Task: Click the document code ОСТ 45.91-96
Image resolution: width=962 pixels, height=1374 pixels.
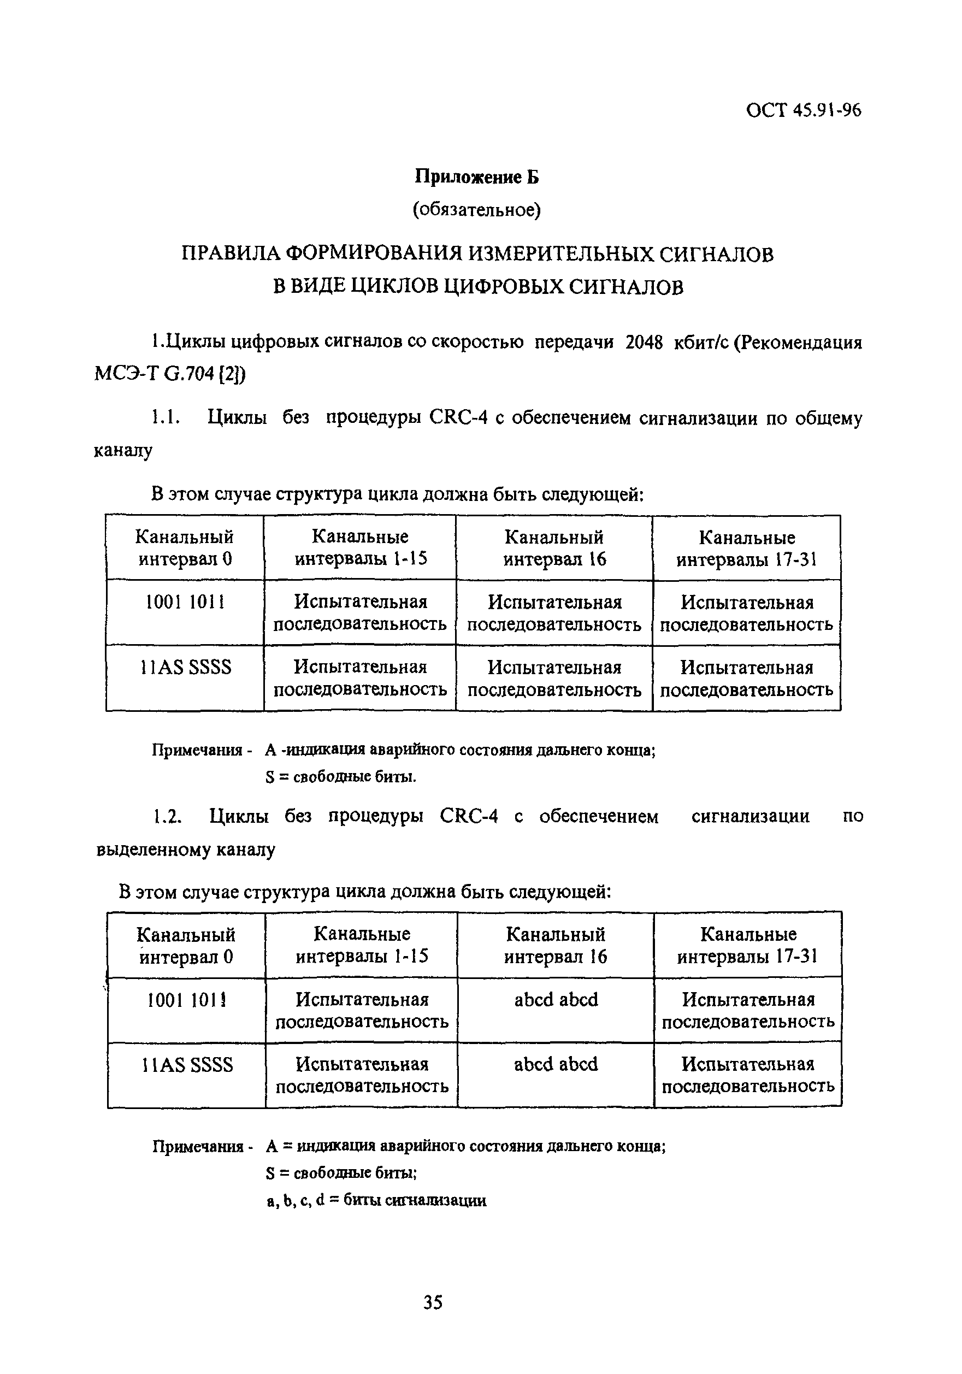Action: tap(803, 111)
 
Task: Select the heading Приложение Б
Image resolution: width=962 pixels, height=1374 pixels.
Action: tap(477, 177)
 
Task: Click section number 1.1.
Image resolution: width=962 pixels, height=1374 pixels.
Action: tap(164, 418)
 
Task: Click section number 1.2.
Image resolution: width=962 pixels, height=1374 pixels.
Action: tap(166, 816)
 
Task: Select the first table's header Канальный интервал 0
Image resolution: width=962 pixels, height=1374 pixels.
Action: tap(184, 547)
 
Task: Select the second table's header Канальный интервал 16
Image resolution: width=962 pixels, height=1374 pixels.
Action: tap(555, 945)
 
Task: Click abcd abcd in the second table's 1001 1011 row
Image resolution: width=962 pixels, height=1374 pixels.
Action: tap(556, 999)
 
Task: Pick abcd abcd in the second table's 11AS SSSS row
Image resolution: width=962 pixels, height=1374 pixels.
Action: tap(556, 1064)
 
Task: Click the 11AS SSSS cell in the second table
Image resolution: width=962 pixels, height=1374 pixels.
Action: tap(187, 1065)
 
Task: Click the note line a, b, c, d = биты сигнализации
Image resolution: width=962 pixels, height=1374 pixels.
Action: tap(376, 1200)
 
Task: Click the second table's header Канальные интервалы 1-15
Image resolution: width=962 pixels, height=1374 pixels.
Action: tap(361, 945)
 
